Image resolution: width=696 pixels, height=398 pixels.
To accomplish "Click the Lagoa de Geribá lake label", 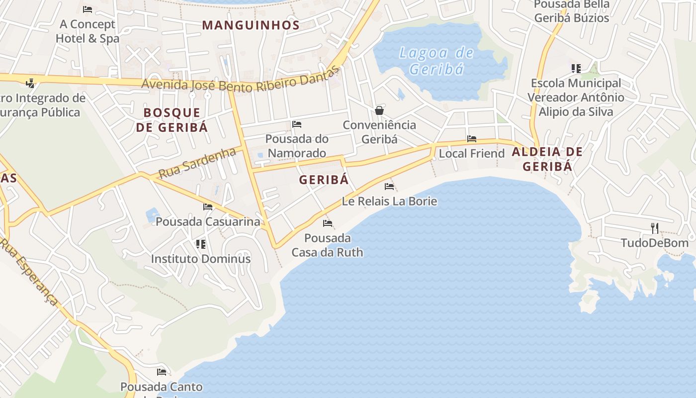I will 436,60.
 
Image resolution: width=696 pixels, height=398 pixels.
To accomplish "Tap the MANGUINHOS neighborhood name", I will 251,25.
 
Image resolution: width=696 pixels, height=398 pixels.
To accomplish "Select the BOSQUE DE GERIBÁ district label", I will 172,119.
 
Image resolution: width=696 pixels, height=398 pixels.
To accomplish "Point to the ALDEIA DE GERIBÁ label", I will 547,159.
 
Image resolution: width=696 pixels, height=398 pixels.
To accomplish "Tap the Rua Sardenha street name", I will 197,162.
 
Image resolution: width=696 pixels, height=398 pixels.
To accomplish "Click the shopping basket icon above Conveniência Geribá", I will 379,110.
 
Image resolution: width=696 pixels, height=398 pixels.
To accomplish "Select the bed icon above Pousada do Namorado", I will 297,124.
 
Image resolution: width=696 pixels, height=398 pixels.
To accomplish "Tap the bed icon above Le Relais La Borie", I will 389,187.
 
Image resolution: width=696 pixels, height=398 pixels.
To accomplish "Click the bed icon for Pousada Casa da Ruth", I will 327,223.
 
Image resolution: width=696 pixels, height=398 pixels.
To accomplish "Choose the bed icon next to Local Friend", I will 471,139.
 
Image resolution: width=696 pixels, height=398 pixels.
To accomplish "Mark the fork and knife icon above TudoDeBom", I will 655,228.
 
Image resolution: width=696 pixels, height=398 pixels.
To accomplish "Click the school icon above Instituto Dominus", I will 201,244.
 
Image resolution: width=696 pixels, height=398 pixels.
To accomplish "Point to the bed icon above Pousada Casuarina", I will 208,206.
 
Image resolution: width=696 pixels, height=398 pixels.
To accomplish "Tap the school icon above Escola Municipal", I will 576,68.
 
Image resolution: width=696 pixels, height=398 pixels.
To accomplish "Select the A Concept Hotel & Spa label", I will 87,31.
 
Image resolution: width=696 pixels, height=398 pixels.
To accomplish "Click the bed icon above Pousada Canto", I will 162,372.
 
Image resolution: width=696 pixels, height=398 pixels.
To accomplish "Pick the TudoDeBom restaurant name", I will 654,243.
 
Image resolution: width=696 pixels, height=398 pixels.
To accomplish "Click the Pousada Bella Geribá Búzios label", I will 571,11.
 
